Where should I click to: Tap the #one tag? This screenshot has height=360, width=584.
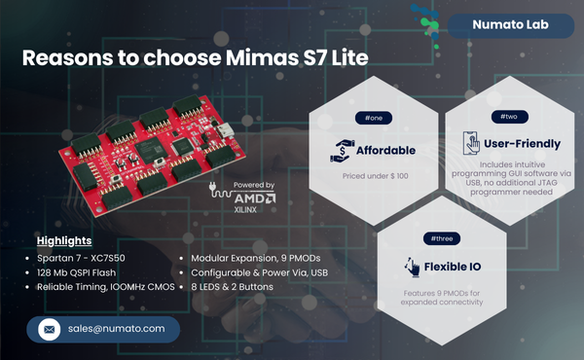(x=374, y=118)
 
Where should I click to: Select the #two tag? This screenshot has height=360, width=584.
(x=508, y=116)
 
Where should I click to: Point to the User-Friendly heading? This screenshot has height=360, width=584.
(x=522, y=144)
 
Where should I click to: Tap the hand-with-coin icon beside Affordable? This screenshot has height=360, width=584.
(x=342, y=151)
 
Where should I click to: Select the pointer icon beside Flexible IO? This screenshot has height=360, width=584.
(x=410, y=266)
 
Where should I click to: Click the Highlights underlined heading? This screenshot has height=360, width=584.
(x=64, y=240)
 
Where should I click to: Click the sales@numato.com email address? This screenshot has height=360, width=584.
(x=118, y=329)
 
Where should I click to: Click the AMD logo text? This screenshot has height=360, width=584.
(x=256, y=197)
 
